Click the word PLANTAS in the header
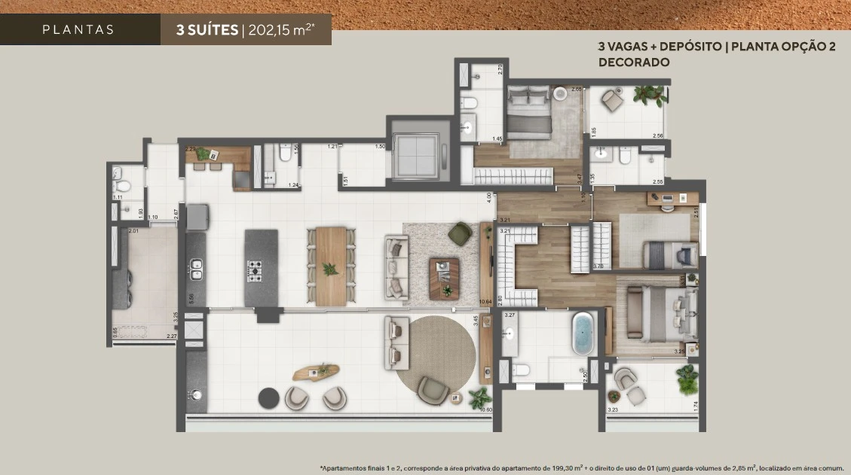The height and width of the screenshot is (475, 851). click(x=78, y=30)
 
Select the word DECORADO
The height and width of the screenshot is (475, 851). click(x=634, y=62)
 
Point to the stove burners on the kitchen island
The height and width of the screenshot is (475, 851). click(x=255, y=269)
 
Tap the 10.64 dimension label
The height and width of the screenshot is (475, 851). click(x=486, y=303)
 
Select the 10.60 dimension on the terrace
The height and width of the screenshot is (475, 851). click(x=485, y=410)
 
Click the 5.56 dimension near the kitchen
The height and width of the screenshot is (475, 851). click(x=191, y=298)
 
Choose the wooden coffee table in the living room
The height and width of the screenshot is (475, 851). click(x=444, y=278)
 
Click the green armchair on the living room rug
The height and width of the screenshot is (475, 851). click(x=460, y=234)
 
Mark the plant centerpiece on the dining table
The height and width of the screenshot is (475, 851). click(x=330, y=268)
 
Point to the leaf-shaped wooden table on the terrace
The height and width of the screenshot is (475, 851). click(x=317, y=372)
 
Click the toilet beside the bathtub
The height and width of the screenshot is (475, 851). click(x=520, y=370)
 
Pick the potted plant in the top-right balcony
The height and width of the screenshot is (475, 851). click(x=649, y=95)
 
